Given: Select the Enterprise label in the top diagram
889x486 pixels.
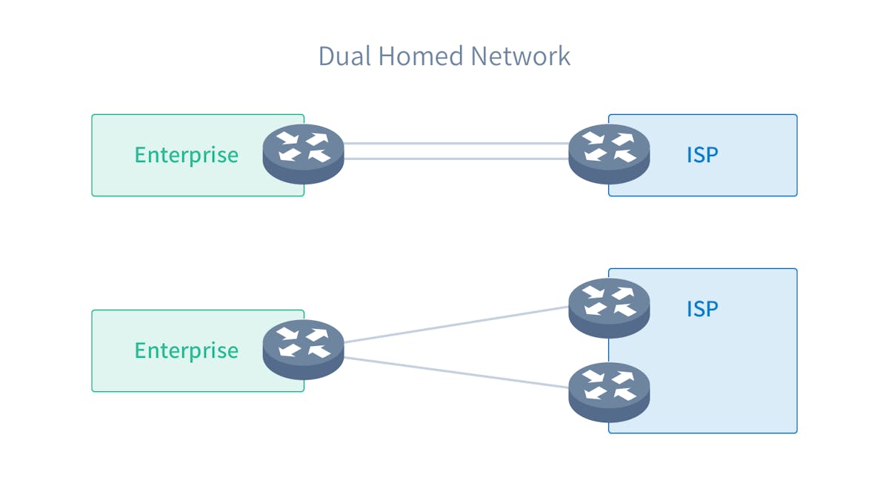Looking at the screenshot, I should pyautogui.click(x=186, y=155).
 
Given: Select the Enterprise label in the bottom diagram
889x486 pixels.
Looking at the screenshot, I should pyautogui.click(x=186, y=350).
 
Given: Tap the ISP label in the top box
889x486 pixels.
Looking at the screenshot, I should pyautogui.click(x=702, y=155).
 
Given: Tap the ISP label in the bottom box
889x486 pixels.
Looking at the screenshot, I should pyautogui.click(x=702, y=308).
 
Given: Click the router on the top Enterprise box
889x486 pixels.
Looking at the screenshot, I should pyautogui.click(x=304, y=153).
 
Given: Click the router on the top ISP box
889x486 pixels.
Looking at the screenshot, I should pyautogui.click(x=609, y=153).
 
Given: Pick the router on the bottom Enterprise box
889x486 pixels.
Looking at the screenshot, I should pyautogui.click(x=304, y=349).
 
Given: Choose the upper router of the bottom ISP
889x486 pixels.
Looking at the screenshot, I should pyautogui.click(x=609, y=307).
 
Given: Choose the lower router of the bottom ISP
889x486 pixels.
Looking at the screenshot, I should pyautogui.click(x=609, y=391).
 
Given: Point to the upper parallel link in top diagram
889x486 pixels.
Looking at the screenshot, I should pyautogui.click(x=456, y=144).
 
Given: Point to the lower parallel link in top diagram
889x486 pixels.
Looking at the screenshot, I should pyautogui.click(x=456, y=159).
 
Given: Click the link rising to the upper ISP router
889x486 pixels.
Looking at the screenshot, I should pyautogui.click(x=456, y=325).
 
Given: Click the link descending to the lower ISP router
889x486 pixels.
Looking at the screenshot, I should pyautogui.click(x=456, y=371).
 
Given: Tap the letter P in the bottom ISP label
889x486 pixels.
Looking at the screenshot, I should pyautogui.click(x=711, y=308).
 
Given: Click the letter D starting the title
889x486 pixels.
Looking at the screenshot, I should pyautogui.click(x=326, y=56).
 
